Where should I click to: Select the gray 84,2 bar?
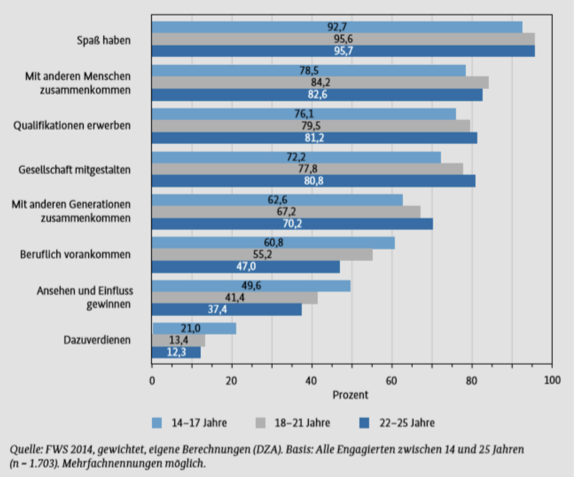320,82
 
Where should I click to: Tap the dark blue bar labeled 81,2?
314,138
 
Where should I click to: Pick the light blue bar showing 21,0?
193,328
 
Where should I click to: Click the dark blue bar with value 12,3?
176,352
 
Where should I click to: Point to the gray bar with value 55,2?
262,255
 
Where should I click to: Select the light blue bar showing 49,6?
251,286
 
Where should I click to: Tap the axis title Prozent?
350,395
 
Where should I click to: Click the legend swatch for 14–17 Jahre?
158,423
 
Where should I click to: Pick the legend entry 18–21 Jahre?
302,423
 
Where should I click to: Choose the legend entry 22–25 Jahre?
406,423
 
